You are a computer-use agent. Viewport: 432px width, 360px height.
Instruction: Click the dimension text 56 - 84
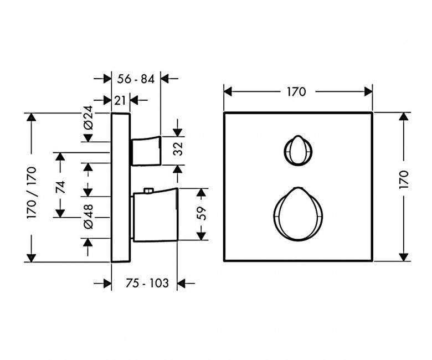point(136,79)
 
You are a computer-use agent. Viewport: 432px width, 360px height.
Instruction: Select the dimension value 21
point(120,101)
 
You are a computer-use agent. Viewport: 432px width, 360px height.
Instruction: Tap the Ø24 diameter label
point(88,117)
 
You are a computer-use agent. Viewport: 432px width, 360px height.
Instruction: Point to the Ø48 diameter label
point(88,217)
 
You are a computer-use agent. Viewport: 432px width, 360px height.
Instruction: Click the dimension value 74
point(60,187)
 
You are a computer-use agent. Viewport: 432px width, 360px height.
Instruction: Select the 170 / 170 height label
point(32,193)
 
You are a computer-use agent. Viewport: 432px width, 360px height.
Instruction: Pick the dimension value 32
point(178,149)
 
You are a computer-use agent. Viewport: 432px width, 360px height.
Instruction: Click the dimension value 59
point(202,213)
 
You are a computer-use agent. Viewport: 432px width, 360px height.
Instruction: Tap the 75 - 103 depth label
point(147,283)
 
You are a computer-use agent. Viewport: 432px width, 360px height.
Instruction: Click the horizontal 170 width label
point(296,92)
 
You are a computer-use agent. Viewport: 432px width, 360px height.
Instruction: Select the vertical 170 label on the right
point(404,180)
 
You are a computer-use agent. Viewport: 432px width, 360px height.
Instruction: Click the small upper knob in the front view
point(297,151)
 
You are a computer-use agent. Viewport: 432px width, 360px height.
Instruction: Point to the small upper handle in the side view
point(146,151)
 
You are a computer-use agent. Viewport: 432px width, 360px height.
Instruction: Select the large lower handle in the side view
point(156,215)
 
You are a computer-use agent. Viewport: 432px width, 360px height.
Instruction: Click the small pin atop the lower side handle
point(148,191)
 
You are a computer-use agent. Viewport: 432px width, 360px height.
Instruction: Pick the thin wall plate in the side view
point(120,187)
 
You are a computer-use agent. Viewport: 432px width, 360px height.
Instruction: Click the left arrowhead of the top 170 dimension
point(228,92)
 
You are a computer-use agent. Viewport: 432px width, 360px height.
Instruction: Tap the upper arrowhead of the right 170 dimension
point(404,117)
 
